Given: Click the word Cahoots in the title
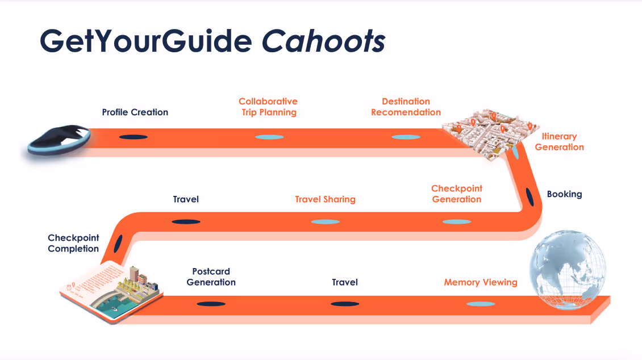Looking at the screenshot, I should tap(323, 40).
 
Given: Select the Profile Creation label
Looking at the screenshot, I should tap(135, 112).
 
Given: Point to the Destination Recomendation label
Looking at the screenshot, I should tap(406, 107).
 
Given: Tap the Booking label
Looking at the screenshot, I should tap(564, 194).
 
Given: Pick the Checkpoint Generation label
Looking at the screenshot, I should tap(457, 194).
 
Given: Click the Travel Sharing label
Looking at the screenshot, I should tap(325, 199).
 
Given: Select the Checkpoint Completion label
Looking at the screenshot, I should tap(73, 243).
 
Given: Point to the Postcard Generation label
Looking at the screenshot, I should tap(211, 277).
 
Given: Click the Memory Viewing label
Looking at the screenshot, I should tap(481, 282).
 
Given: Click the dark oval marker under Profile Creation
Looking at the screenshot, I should tap(133, 137).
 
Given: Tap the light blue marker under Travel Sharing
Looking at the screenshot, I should tap(325, 221).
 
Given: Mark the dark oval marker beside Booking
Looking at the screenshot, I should tap(530, 196).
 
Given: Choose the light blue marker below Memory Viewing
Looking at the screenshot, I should tap(481, 304).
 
